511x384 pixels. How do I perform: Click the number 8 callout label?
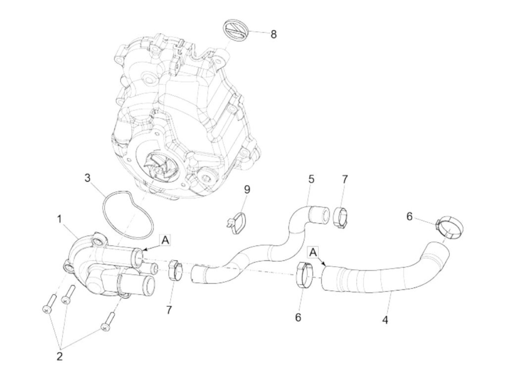click(x=273, y=34)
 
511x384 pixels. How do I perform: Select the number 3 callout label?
click(x=87, y=178)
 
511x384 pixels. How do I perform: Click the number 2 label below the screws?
click(x=59, y=356)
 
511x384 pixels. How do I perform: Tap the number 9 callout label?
click(x=247, y=189)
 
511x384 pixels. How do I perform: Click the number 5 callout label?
click(x=311, y=179)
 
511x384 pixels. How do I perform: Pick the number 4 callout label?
click(x=385, y=320)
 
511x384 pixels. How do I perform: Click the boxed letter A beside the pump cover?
click(x=165, y=240)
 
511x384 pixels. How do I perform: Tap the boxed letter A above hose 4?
click(x=313, y=252)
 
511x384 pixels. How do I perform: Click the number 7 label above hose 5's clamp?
click(x=345, y=179)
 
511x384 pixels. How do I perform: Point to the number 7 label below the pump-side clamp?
click(x=169, y=310)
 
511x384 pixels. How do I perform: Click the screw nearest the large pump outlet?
click(x=108, y=322)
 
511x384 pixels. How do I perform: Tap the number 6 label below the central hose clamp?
click(x=298, y=317)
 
